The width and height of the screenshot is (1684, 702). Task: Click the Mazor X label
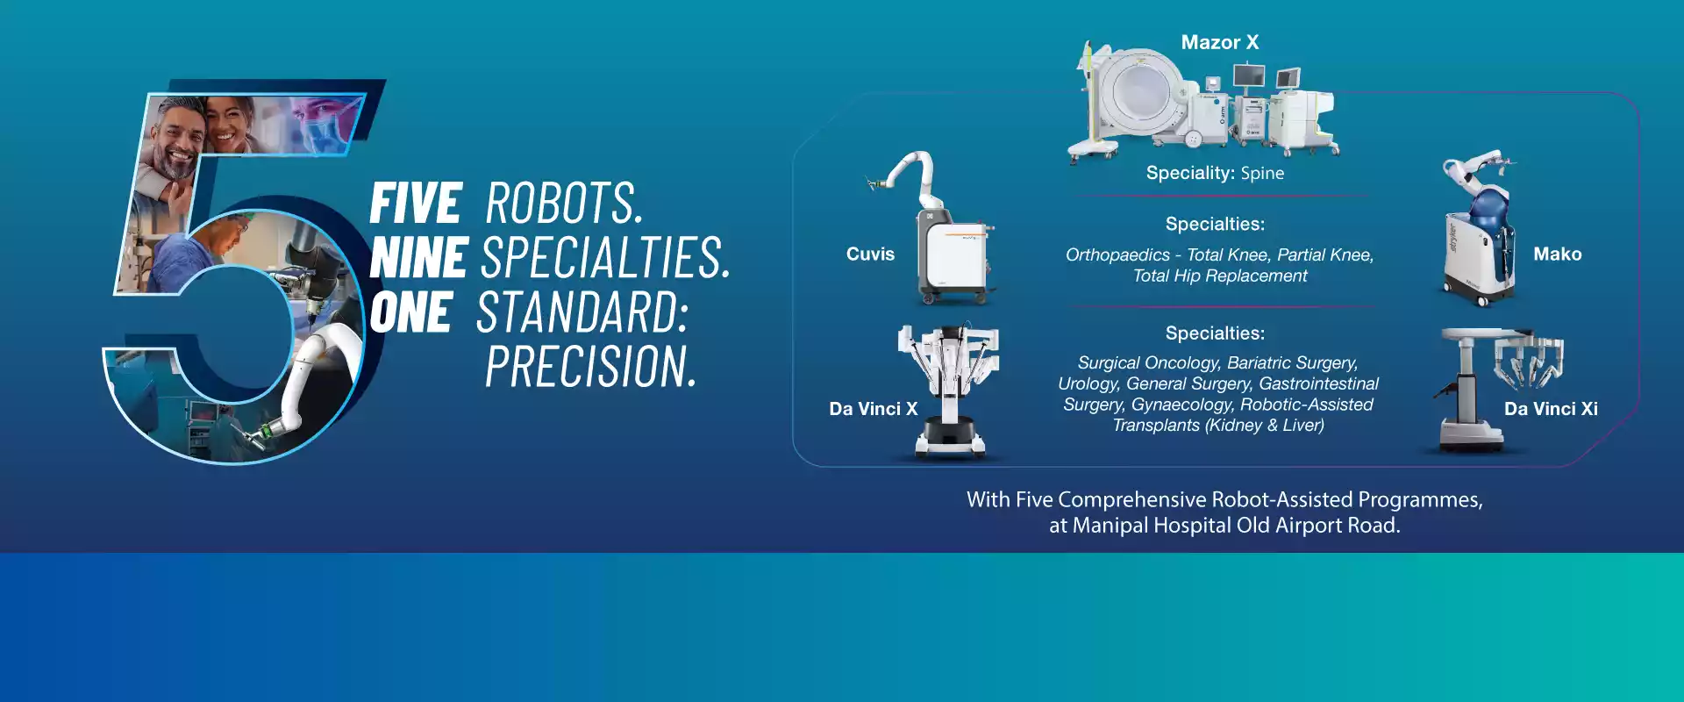click(1219, 42)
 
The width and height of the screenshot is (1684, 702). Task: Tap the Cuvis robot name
click(870, 254)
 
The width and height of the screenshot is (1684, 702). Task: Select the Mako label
click(1557, 254)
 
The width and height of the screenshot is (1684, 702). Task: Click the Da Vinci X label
click(873, 409)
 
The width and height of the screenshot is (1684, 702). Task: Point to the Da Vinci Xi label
click(1551, 409)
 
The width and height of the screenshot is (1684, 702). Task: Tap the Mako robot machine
click(1478, 230)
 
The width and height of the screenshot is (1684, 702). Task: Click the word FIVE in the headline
click(416, 204)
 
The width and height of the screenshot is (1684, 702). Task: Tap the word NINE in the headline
click(418, 258)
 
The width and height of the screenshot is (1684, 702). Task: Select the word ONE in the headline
click(410, 312)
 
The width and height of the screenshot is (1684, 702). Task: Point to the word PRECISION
click(590, 366)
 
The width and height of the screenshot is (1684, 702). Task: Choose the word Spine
click(1262, 174)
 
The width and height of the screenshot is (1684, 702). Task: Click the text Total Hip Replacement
click(1219, 276)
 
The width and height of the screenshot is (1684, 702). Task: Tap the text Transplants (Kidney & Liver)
click(1218, 426)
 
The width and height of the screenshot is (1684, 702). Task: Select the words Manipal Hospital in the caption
click(1152, 526)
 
